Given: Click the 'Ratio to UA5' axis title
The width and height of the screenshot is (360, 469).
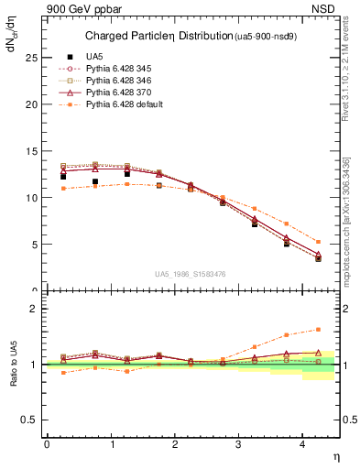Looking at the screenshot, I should coord(13,378).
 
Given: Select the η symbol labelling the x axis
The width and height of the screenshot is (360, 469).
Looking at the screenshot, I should coord(334,455).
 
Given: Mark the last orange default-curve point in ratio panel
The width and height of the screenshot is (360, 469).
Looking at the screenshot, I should coord(318,329).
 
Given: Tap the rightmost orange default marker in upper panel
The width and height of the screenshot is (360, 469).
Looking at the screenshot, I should coord(318,242).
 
